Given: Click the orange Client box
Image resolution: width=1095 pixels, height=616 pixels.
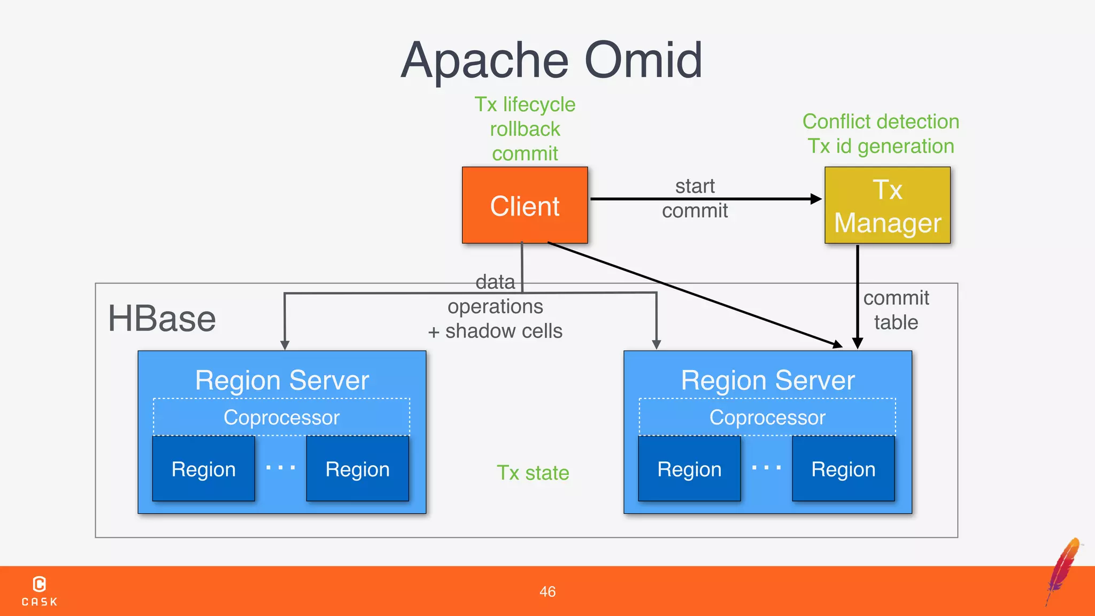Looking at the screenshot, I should pos(525,205).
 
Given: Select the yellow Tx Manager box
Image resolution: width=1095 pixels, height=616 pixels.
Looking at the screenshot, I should pos(887,205).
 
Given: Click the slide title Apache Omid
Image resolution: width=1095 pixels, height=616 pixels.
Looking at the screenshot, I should pos(551,60).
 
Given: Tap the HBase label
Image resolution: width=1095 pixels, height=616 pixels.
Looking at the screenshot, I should pos(161,319).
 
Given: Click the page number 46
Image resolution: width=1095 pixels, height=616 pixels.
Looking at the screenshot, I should pos(547,591).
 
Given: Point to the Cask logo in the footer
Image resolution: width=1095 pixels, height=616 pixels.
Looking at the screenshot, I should pos(40,590).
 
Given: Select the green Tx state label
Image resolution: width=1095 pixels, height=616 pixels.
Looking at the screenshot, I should pos(533,473).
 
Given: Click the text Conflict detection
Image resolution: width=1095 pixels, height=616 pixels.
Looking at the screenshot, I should pos(881,122).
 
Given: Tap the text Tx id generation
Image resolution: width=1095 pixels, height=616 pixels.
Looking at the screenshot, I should pos(881,147).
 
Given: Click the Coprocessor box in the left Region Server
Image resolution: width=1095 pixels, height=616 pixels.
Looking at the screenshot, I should pos(281,417).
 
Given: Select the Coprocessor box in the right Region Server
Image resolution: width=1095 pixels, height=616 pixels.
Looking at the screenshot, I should pos(767,417).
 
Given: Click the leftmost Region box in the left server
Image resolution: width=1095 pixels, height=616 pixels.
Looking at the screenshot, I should pos(203,469).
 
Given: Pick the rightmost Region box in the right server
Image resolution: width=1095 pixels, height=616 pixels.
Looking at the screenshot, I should pos(843,469).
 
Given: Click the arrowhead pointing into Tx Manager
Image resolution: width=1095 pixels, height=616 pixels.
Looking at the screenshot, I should pos(816,199).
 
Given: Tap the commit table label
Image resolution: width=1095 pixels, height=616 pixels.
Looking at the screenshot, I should pos(896,310).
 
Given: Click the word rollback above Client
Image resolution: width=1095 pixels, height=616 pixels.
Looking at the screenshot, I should pos(525,129).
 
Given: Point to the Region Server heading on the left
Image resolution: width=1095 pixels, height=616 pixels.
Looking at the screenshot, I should pos(282,380).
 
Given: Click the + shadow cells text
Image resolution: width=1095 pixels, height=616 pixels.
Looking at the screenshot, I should pos(495,331).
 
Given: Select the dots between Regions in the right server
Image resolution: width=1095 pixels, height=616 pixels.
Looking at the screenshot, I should pos(766,467).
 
